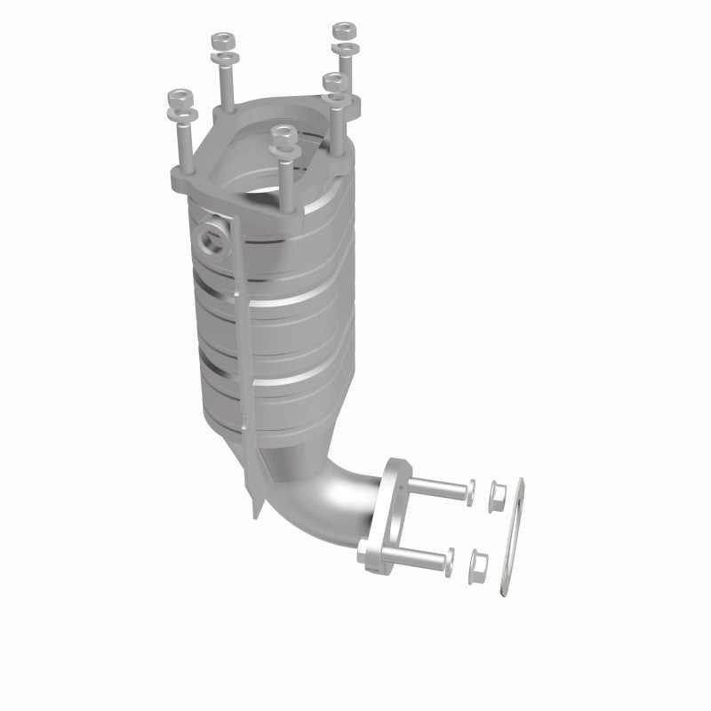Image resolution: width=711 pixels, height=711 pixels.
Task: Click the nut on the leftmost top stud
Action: coord(181,95)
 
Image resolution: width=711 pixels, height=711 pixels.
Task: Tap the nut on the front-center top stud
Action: coord(284,132)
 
